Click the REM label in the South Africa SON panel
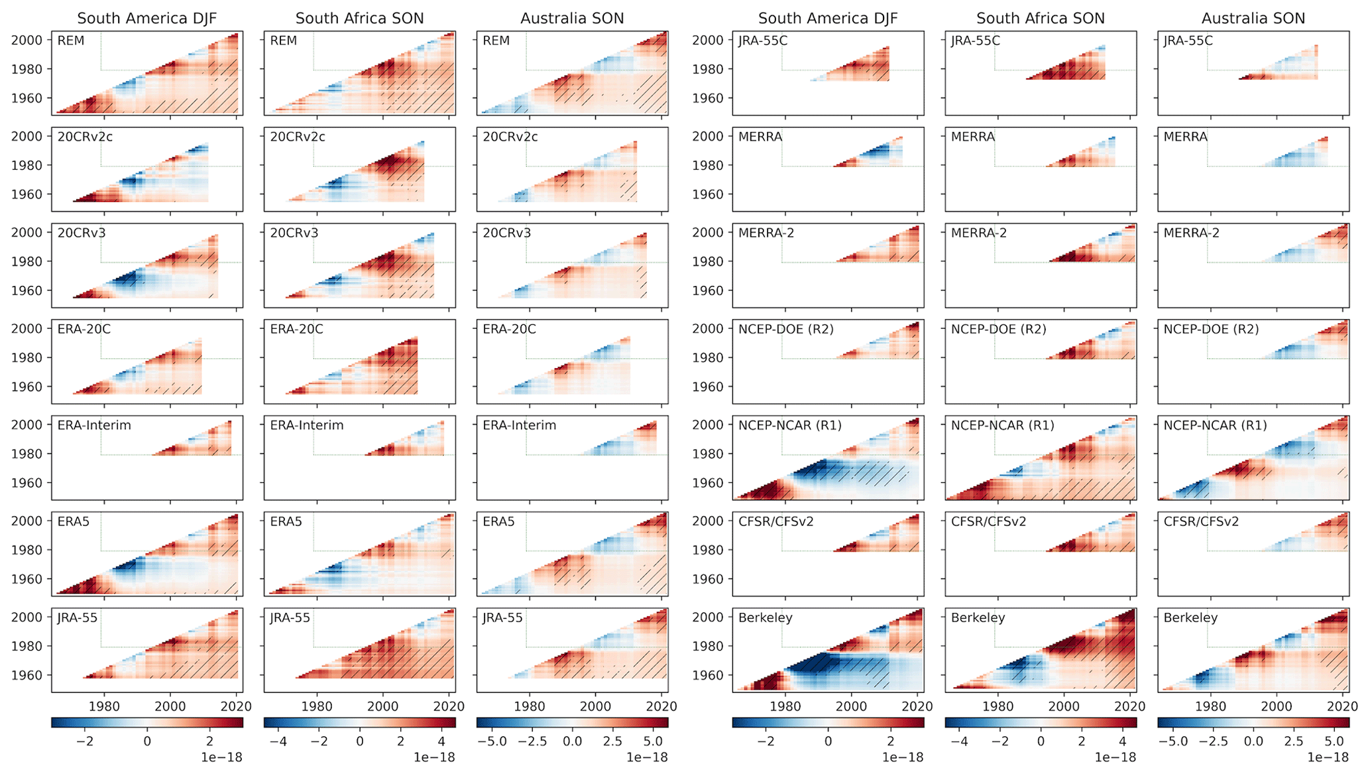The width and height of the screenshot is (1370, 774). pos(283,41)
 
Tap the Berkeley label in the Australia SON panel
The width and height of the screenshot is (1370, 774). pos(1190,618)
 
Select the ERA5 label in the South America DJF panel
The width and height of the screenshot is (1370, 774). pos(73,522)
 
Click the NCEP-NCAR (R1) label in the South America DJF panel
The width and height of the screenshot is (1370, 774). pos(789,426)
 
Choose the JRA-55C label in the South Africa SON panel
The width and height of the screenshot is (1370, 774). pos(975,41)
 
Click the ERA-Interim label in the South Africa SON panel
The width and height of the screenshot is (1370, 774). pos(306,426)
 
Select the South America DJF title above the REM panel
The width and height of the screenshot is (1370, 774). pos(146,19)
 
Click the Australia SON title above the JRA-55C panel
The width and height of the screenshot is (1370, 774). pos(1253,19)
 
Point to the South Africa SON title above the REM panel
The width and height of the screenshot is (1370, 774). pos(359,19)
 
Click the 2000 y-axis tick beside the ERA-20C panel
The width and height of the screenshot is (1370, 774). pos(26,329)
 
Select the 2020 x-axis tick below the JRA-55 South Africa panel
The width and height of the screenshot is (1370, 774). pos(449,707)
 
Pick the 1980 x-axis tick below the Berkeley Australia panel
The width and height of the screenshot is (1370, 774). pos(1210,707)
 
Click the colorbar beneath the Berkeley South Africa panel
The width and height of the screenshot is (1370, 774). pos(1041,722)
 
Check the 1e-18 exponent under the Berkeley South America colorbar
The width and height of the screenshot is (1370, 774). pos(903,757)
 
